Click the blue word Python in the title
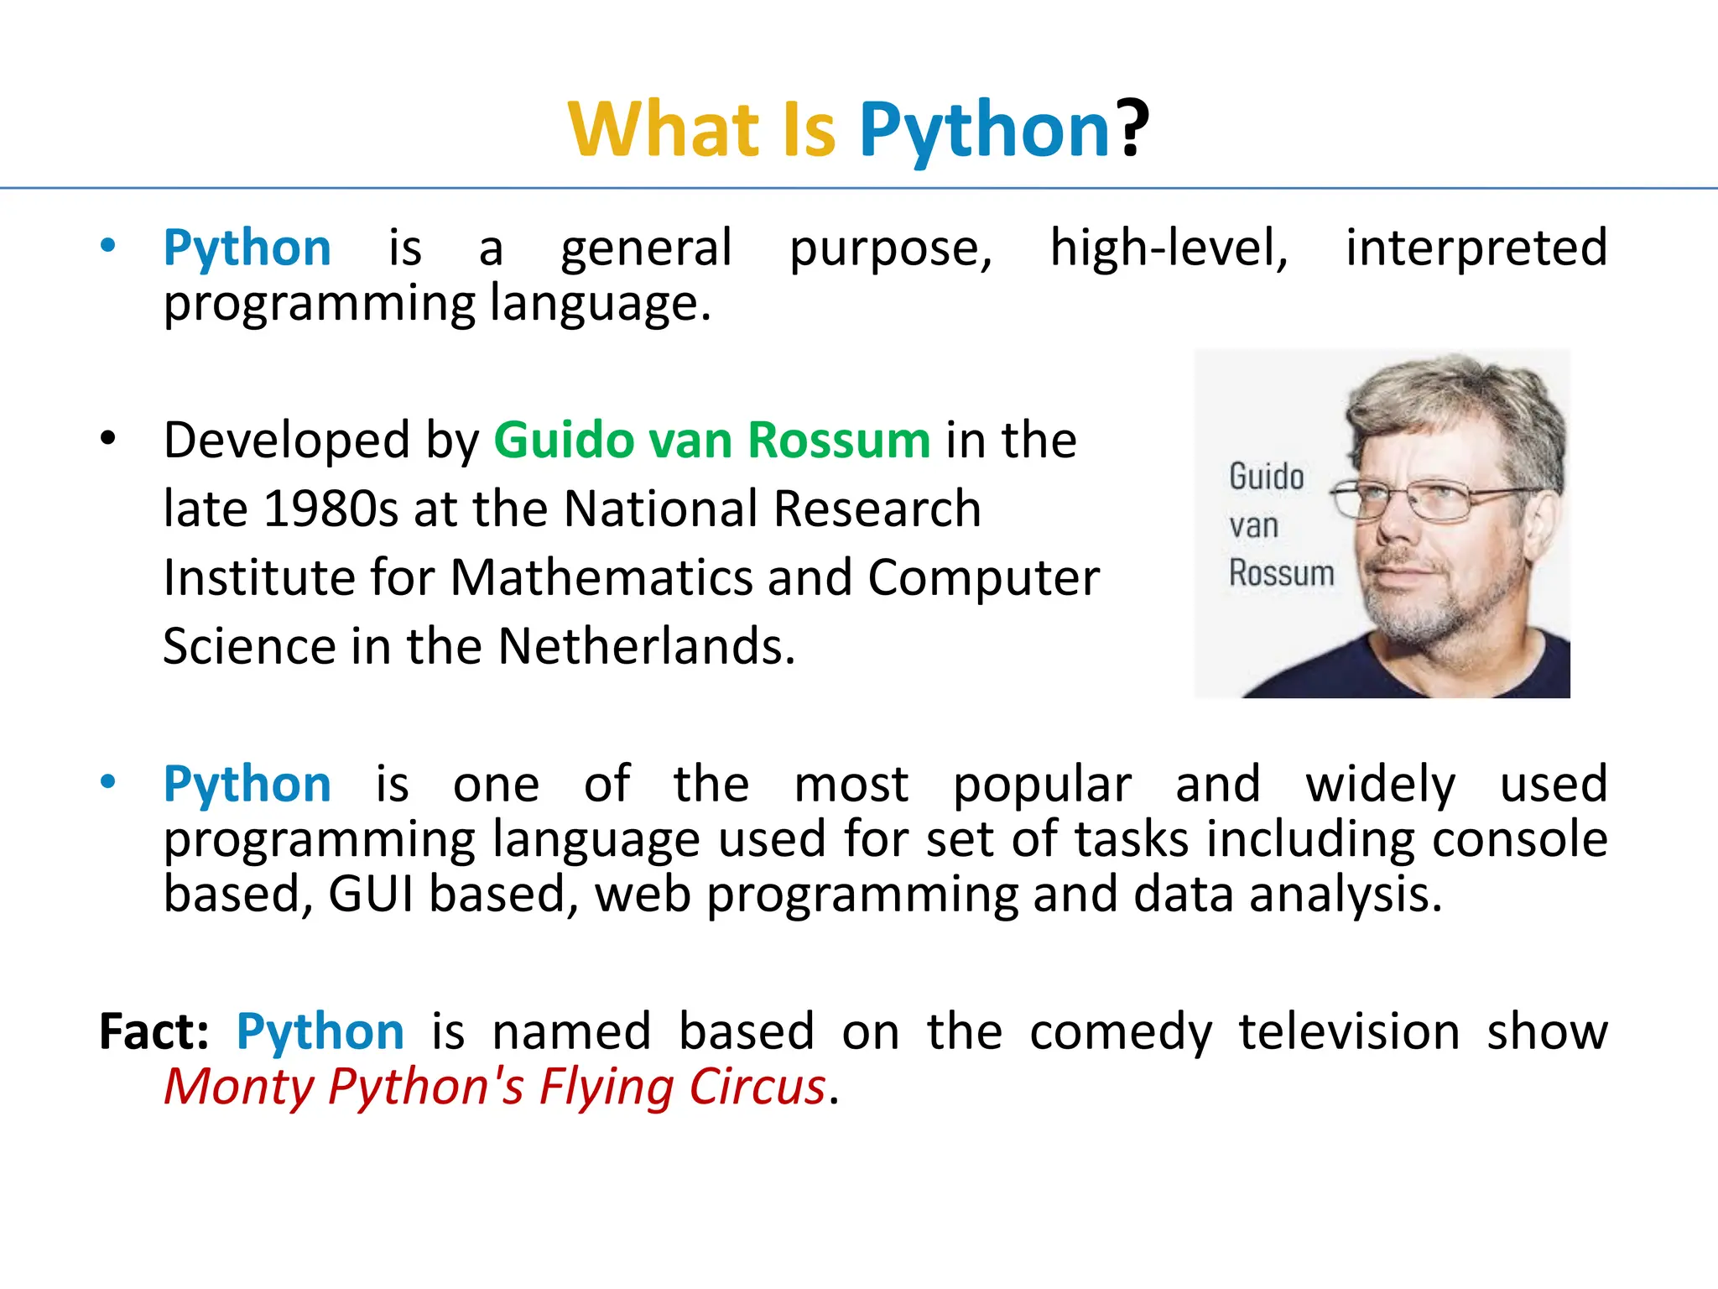point(985,131)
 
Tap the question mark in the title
point(1132,129)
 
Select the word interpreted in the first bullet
point(1476,248)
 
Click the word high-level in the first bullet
point(1169,248)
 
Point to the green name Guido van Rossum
point(711,440)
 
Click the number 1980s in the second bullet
point(331,509)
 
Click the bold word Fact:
point(154,1031)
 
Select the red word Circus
point(757,1087)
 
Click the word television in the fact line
point(1349,1031)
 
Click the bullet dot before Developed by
point(107,438)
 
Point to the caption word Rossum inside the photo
point(1281,574)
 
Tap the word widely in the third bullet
point(1380,785)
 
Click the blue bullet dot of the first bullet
point(107,246)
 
